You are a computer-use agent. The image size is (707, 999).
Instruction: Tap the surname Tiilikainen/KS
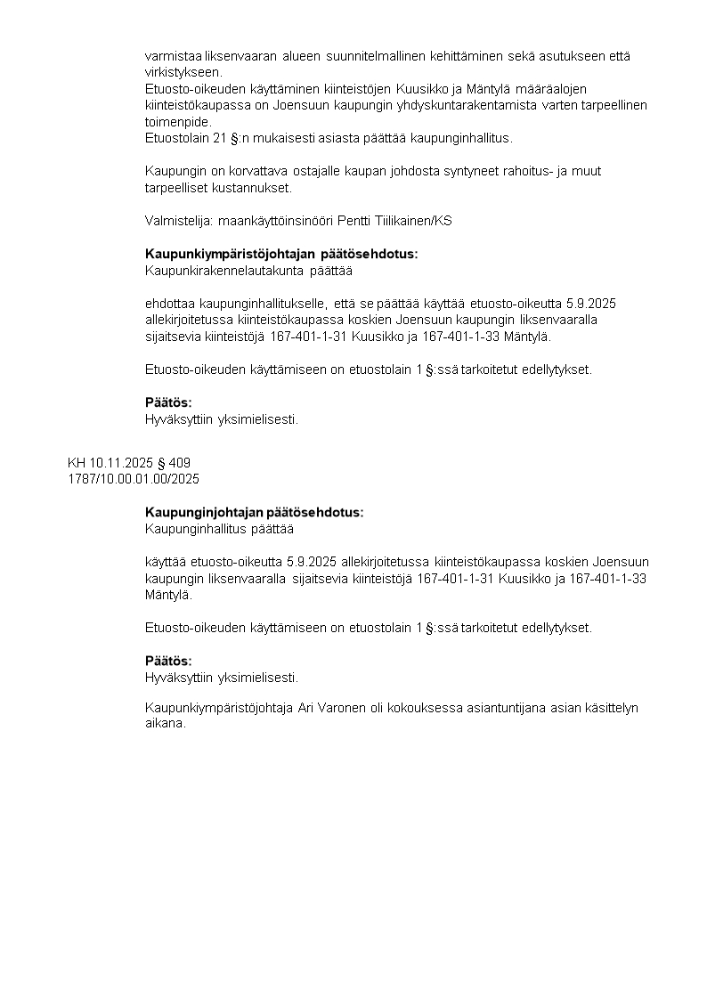tap(410, 221)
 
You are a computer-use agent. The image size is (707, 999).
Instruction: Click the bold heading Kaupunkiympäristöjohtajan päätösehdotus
tap(280, 254)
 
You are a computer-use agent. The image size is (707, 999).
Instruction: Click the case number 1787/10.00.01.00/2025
tap(134, 479)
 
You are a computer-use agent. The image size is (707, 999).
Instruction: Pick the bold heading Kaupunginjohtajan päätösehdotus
tap(254, 513)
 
